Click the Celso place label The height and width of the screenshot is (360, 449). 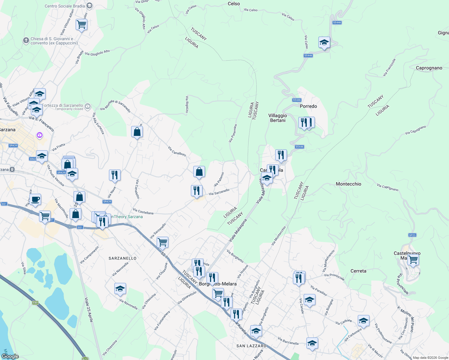tap(234, 4)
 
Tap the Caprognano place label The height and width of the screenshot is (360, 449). tap(429, 68)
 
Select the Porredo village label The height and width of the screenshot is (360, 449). tap(308, 106)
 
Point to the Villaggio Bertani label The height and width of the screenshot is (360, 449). tap(278, 118)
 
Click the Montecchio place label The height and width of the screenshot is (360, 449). tap(348, 184)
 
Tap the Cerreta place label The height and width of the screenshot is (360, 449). tap(358, 271)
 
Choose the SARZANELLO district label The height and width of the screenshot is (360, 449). tap(122, 258)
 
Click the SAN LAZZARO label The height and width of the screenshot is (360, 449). tap(251, 346)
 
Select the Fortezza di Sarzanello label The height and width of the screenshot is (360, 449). tap(62, 106)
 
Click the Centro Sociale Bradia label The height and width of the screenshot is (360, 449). tap(65, 6)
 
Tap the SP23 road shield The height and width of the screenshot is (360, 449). tap(412, 235)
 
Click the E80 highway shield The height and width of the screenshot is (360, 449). tap(35, 303)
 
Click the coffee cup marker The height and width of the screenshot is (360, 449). tap(35, 199)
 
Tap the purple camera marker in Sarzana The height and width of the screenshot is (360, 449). tap(40, 136)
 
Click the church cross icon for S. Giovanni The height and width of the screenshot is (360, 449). tap(26, 40)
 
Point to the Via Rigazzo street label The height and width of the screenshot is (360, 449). tap(187, 104)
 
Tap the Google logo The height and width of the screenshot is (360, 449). tap(10, 356)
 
